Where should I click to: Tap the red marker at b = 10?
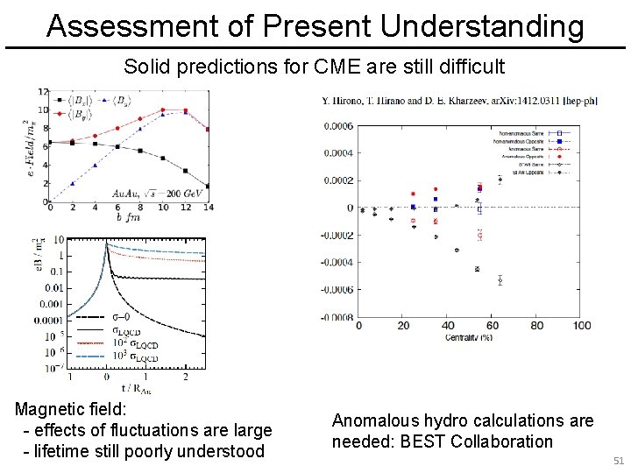pyautogui.click(x=163, y=110)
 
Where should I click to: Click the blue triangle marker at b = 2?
pyautogui.click(x=71, y=184)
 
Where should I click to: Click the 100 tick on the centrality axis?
pyautogui.click(x=581, y=326)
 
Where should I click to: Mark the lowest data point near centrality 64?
pyautogui.click(x=500, y=280)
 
